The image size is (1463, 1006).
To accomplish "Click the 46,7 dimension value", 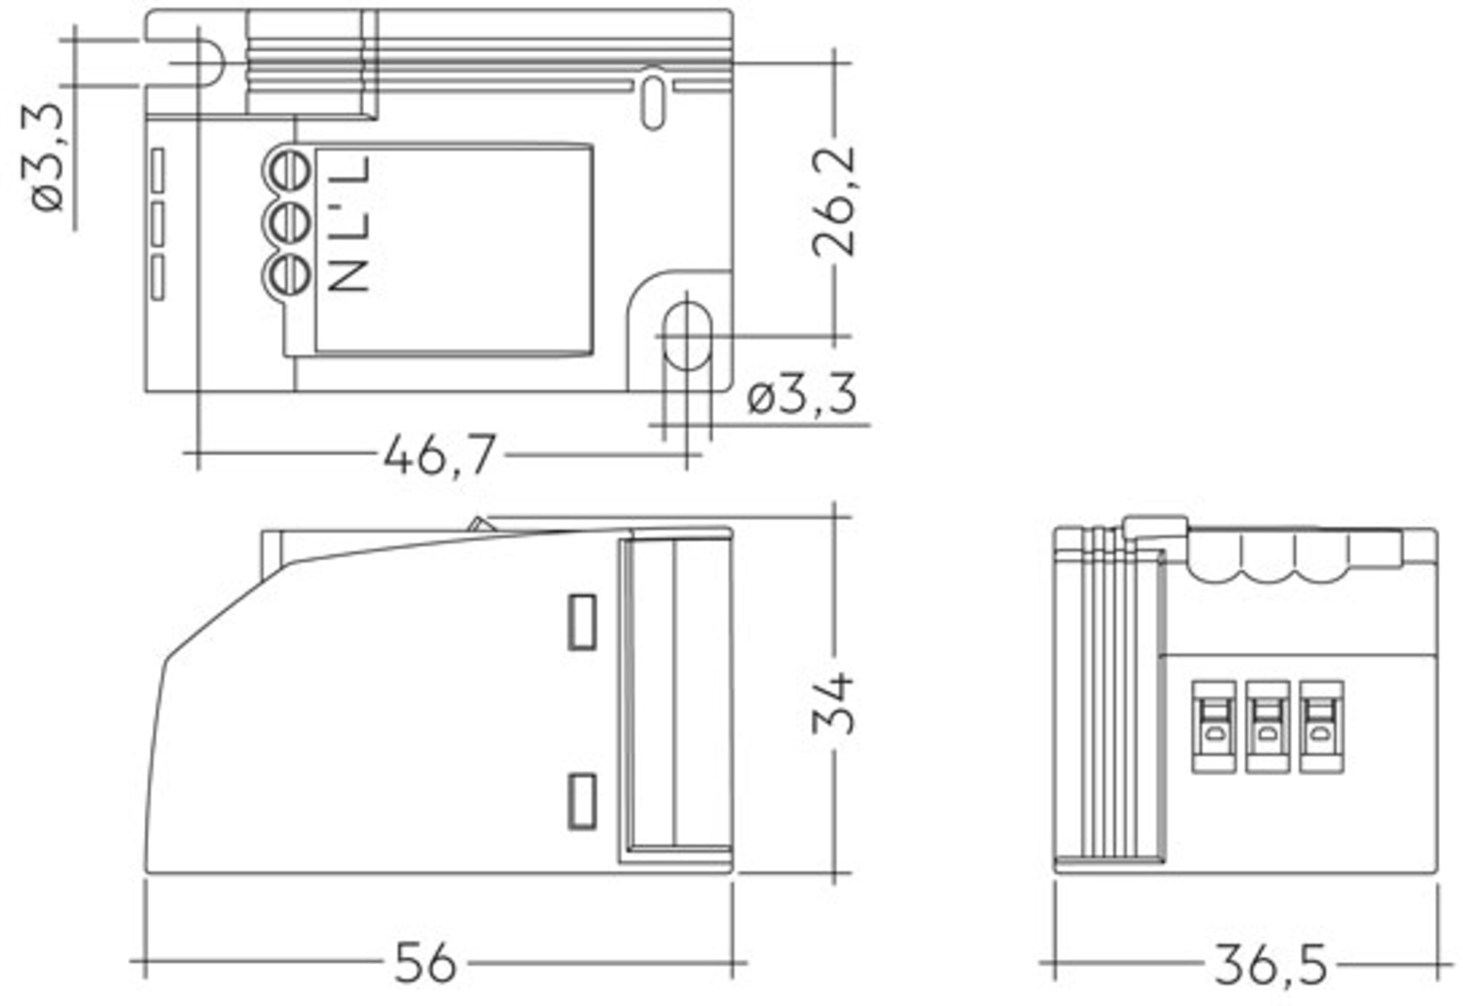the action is point(440,454).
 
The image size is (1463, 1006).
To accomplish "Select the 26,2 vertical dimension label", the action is point(833,202).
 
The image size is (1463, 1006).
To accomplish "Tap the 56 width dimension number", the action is point(425,963).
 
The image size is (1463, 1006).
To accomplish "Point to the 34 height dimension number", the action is point(833,704).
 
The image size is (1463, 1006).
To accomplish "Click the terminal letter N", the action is point(349,273).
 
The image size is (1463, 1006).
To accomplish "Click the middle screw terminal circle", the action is point(287,222).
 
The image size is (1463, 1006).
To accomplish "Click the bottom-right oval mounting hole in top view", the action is point(687,336).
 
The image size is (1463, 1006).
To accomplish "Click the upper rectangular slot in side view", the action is point(582,622).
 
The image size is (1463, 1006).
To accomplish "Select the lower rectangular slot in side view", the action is point(582,801).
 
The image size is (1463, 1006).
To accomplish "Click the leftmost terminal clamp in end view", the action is point(1214,726).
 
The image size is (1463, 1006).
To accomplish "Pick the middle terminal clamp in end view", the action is point(1268,726).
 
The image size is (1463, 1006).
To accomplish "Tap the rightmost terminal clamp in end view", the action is point(1322,726).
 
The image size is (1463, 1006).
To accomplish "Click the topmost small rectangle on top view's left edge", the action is point(157,170).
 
